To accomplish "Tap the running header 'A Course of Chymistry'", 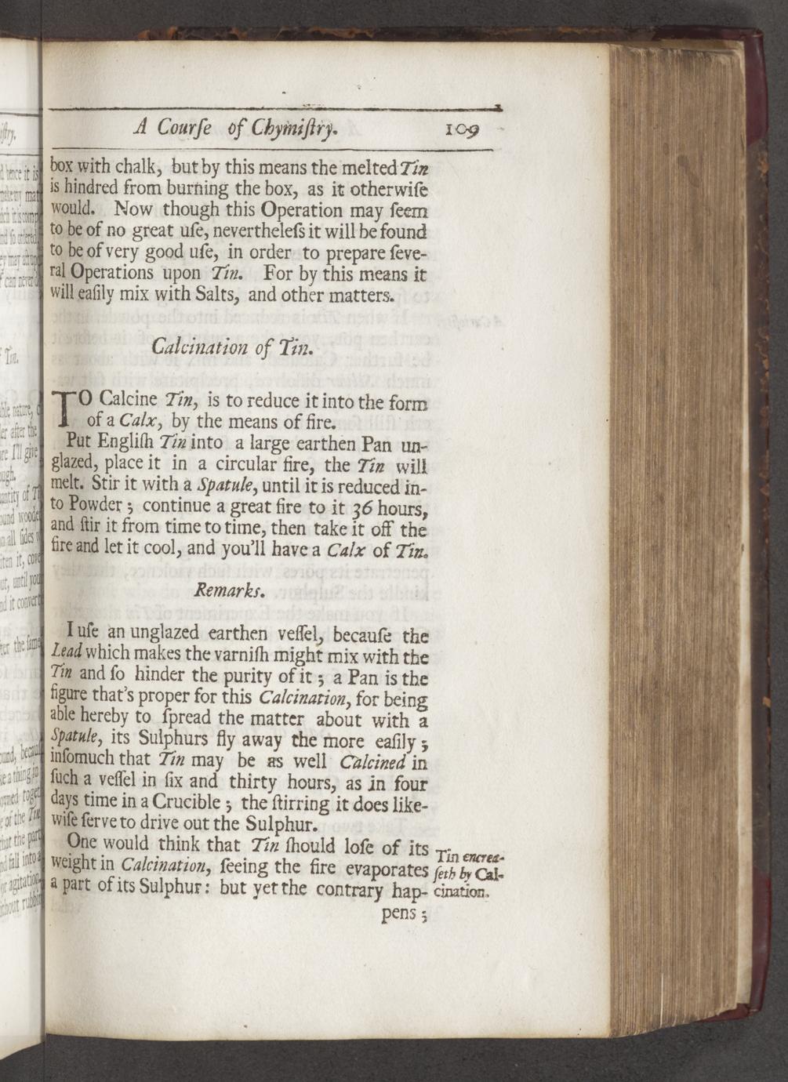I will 236,127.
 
